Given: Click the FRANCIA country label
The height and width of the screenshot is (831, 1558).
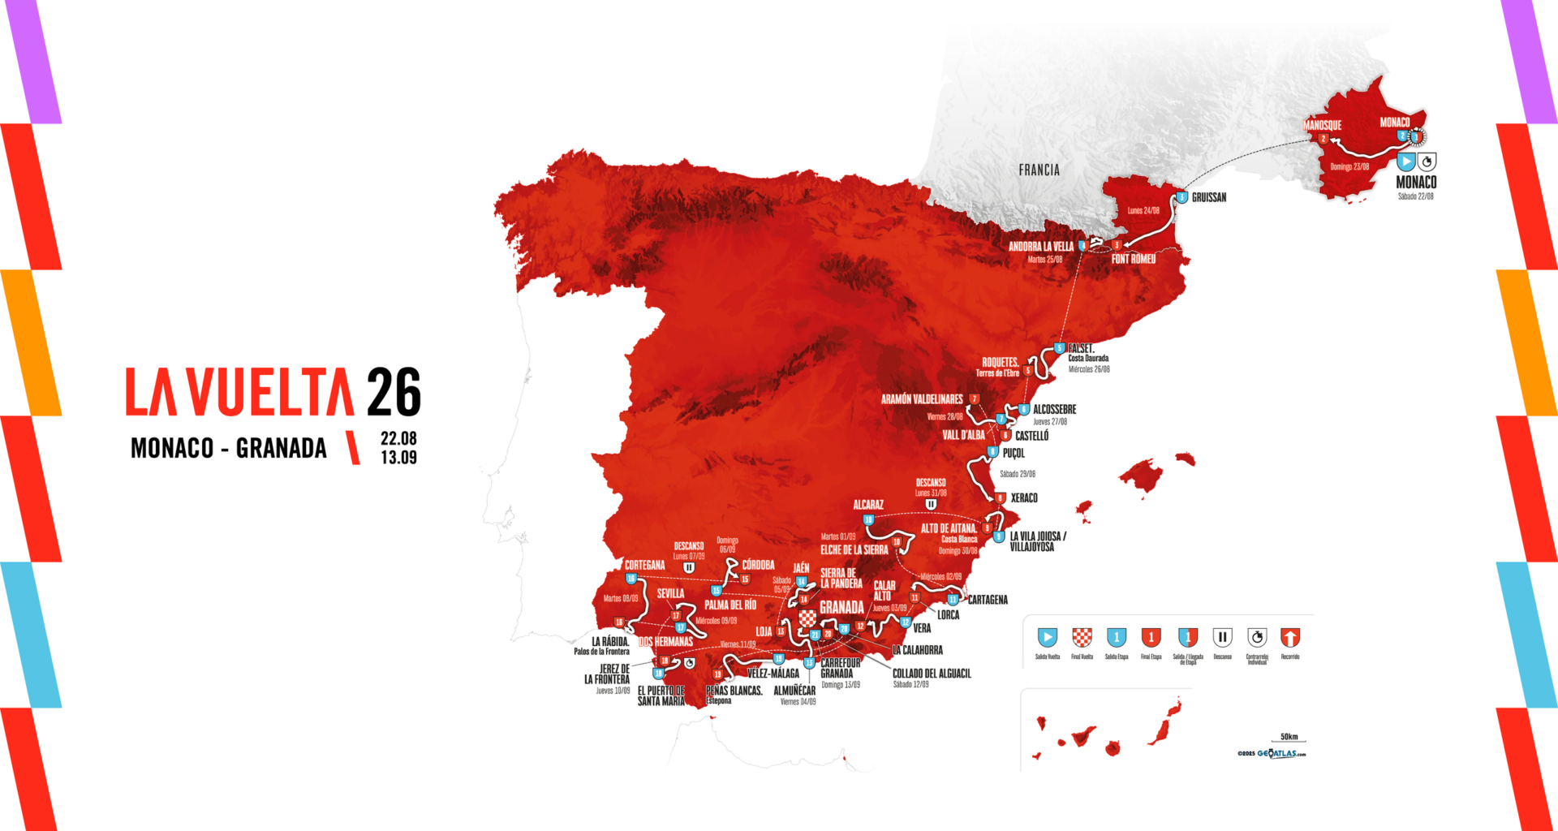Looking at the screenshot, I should (x=1039, y=170).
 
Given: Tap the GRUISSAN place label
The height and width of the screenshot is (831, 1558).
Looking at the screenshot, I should (x=1208, y=197).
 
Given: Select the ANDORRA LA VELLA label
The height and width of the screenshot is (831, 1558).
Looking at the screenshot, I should (x=1040, y=246).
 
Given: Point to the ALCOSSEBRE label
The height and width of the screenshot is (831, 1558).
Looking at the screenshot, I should (x=1054, y=409).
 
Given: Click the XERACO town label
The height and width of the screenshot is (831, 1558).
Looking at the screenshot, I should (x=1023, y=497).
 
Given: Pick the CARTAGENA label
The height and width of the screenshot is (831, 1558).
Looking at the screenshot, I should (x=988, y=600).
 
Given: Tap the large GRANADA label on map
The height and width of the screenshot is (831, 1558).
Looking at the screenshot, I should (x=841, y=607).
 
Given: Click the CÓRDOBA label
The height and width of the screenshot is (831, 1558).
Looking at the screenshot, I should (x=758, y=565).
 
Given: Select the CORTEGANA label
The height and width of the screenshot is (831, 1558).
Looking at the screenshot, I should (x=644, y=565).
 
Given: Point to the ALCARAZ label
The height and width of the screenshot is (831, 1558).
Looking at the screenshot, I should (x=867, y=505).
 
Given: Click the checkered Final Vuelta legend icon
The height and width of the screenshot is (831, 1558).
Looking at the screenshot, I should (x=1082, y=637).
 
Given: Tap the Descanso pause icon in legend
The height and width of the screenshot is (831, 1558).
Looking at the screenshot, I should (x=1222, y=637).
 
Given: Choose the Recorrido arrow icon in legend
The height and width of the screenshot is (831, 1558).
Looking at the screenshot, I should (x=1289, y=637).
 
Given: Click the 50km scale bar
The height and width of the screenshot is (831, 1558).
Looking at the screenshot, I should (x=1289, y=740).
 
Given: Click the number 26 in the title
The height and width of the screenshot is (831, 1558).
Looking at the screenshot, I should (x=394, y=392).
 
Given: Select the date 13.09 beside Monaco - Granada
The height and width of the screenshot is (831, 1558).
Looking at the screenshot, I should (x=398, y=458).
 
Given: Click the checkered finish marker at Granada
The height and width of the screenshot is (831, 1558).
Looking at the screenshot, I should (x=807, y=619).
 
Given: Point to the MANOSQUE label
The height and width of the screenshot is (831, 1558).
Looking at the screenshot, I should (x=1322, y=125).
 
